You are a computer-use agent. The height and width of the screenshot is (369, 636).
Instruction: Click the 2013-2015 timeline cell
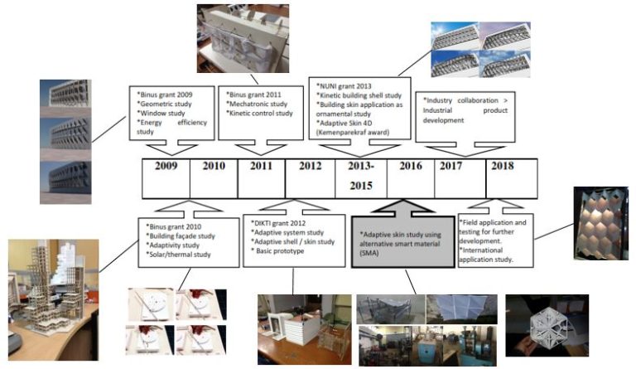coord(360,175)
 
